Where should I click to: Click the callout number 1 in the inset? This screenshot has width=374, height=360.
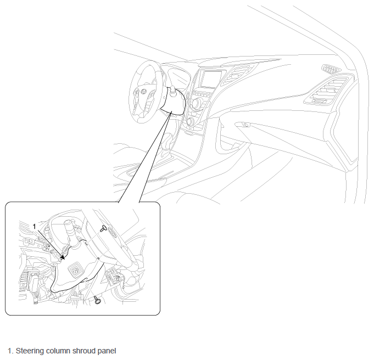tap(35, 227)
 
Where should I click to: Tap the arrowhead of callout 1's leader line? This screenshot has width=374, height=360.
tap(63, 258)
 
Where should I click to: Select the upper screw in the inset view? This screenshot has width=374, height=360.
tap(103, 228)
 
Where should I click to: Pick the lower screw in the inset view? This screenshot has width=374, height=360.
tap(97, 300)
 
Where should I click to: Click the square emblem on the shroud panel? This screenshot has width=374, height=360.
tap(75, 271)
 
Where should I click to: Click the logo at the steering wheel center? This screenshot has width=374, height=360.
tap(143, 92)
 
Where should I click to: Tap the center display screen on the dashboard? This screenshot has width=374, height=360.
tap(211, 78)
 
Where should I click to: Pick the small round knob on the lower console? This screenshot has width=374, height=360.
tap(190, 121)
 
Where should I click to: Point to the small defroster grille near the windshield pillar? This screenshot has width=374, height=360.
tap(331, 69)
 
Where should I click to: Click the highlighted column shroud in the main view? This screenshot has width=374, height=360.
tap(173, 102)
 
